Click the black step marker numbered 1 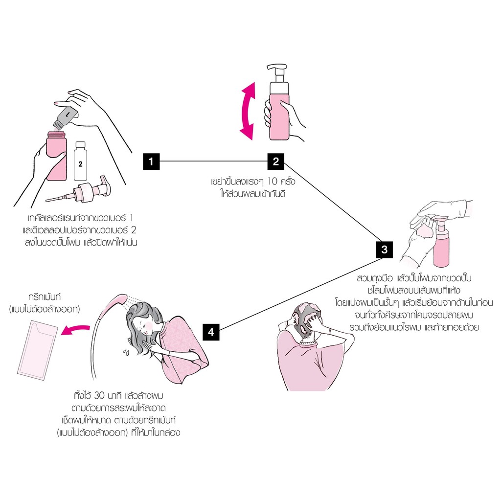pyautogui.click(x=151, y=161)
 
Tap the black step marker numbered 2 pyautogui.click(x=276, y=161)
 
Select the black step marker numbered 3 pyautogui.click(x=384, y=250)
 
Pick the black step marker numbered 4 pyautogui.click(x=211, y=332)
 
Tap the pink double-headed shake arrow pyautogui.click(x=249, y=111)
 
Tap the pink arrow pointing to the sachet pyautogui.click(x=76, y=332)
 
